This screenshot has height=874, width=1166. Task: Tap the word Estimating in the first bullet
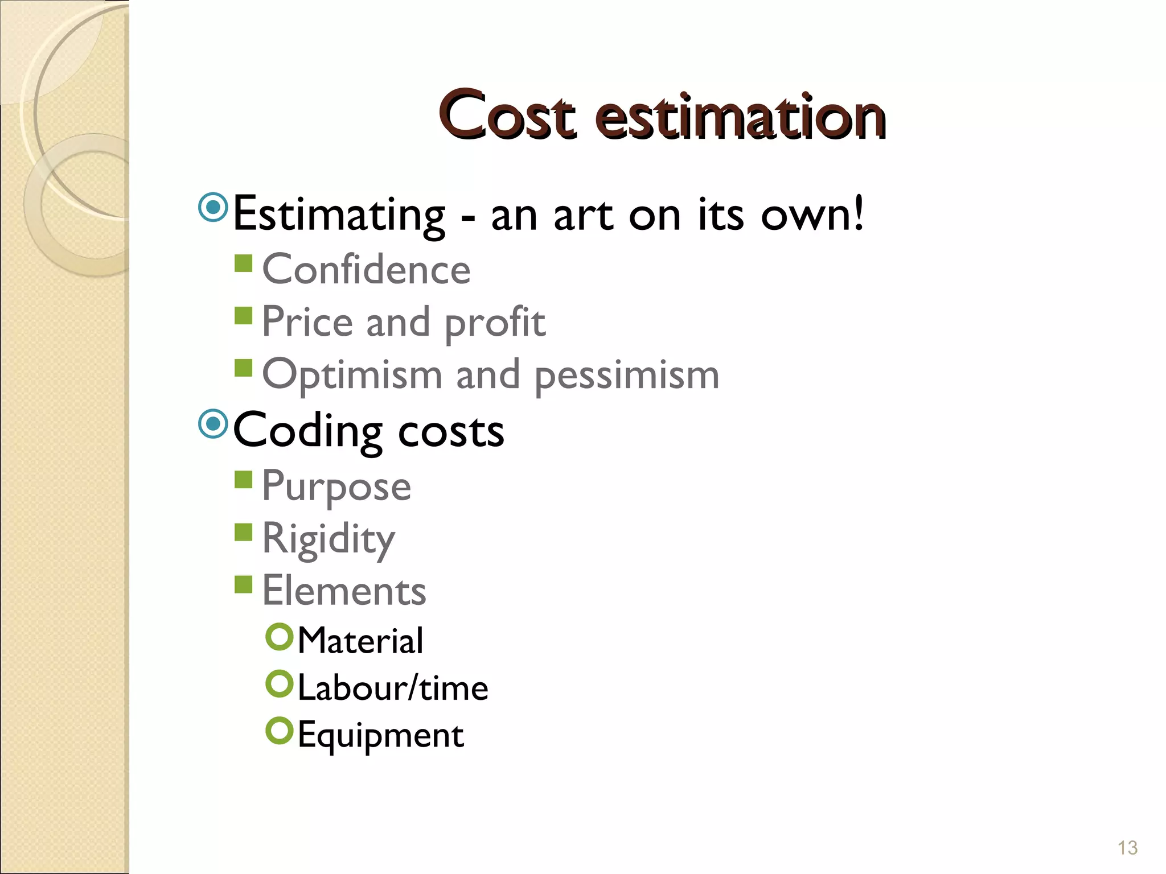339,215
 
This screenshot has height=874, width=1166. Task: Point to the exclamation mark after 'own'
858,212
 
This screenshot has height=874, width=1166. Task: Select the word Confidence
366,269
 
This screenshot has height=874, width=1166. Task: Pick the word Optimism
352,376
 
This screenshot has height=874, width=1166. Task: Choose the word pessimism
627,376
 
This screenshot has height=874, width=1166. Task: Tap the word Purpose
336,487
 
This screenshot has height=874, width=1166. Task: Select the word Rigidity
328,539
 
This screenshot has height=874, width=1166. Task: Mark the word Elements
344,591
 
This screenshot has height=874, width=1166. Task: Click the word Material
360,641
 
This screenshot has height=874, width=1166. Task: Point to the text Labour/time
393,688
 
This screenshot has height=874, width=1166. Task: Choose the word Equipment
380,736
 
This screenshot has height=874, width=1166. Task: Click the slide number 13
1127,848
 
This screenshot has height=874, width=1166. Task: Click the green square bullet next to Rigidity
244,532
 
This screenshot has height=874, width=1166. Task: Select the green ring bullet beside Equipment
279,731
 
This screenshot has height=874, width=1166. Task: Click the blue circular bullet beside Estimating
214,208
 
